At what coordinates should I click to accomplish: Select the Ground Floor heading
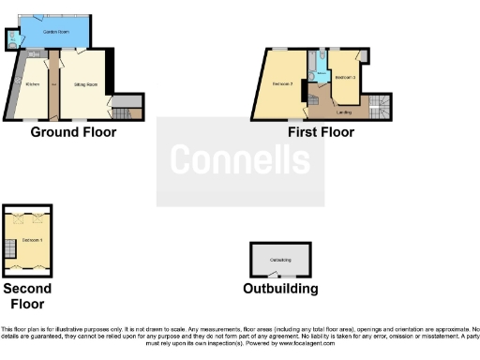[x=73, y=132]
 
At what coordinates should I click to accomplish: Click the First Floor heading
[x=321, y=132]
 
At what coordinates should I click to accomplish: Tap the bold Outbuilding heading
[x=280, y=289]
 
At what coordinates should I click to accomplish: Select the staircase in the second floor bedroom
[x=10, y=248]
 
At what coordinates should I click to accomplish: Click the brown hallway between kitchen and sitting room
[x=54, y=89]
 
